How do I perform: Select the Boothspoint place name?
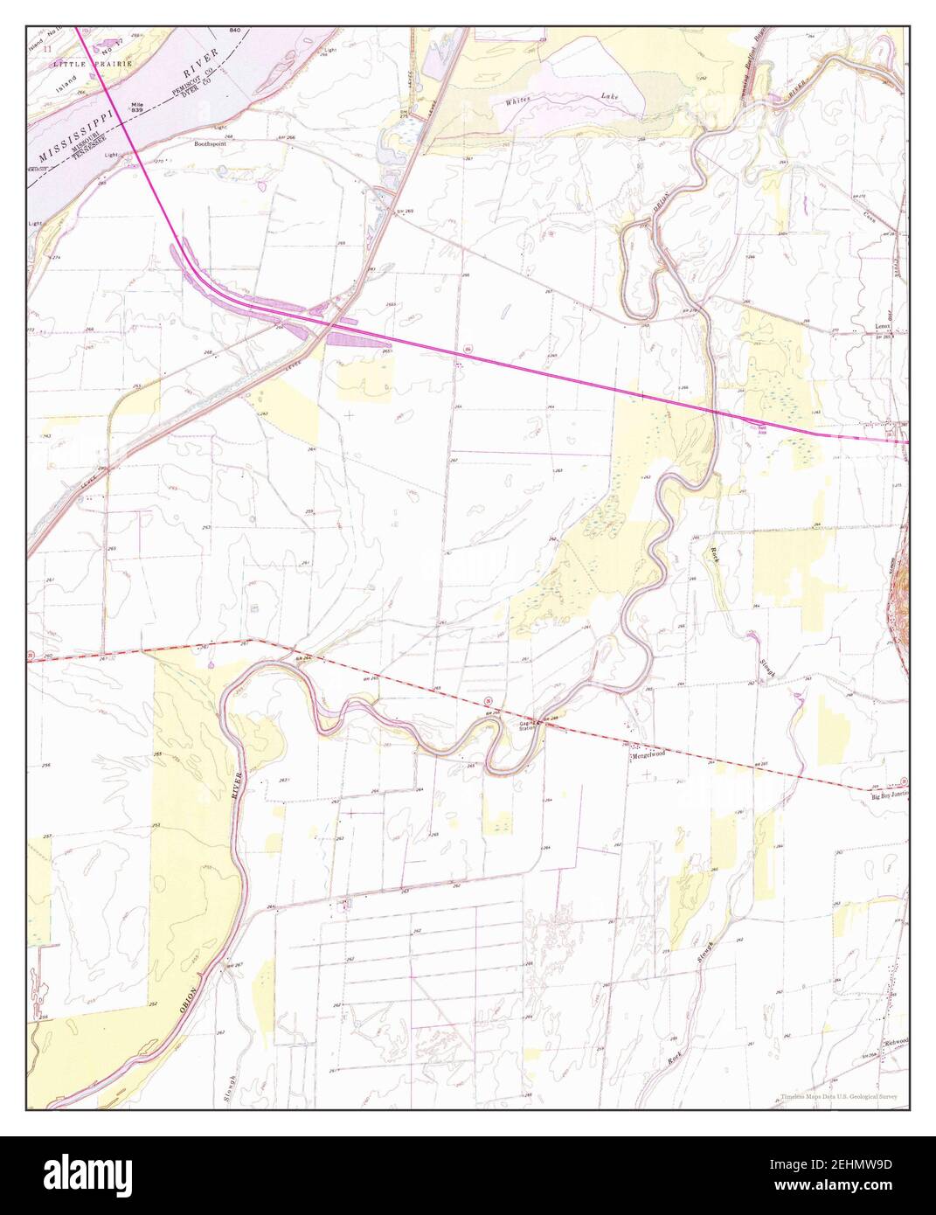[x=209, y=144]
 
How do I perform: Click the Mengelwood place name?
[x=647, y=754]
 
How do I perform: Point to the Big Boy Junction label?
[x=890, y=796]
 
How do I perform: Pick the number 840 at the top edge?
[x=234, y=31]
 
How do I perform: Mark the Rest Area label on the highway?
[x=762, y=427]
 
